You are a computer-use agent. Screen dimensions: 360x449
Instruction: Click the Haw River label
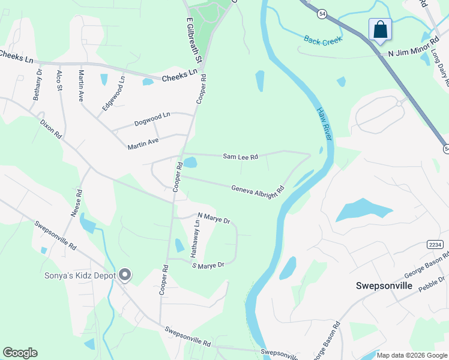[x=324, y=123]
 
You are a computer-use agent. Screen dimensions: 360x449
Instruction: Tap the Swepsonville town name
[x=384, y=286]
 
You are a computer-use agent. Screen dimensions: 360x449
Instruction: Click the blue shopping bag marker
[x=380, y=29]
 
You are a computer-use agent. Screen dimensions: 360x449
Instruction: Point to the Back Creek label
[x=322, y=40]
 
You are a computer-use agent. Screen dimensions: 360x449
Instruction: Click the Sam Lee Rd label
[x=240, y=157]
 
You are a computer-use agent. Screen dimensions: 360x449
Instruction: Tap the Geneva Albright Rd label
[x=257, y=193]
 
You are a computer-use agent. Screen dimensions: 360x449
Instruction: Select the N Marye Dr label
[x=214, y=218]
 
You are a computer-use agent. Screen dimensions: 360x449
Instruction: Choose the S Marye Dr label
[x=208, y=265]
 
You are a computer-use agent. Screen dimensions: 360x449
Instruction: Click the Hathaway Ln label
[x=195, y=238]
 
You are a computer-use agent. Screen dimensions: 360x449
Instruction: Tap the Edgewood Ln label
[x=113, y=92]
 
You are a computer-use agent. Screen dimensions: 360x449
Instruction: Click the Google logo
[x=20, y=353]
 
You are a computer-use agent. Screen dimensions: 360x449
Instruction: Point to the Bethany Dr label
[x=38, y=85]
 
